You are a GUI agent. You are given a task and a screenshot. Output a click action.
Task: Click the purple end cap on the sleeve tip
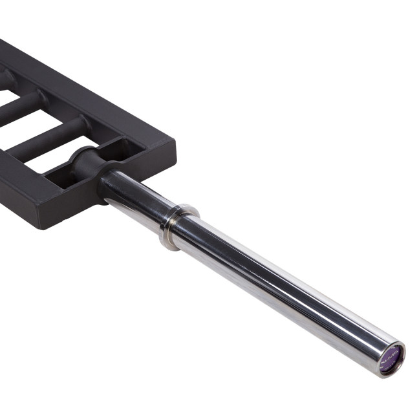[390, 358]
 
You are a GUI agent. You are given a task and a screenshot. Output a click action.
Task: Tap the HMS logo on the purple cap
[389, 355]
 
